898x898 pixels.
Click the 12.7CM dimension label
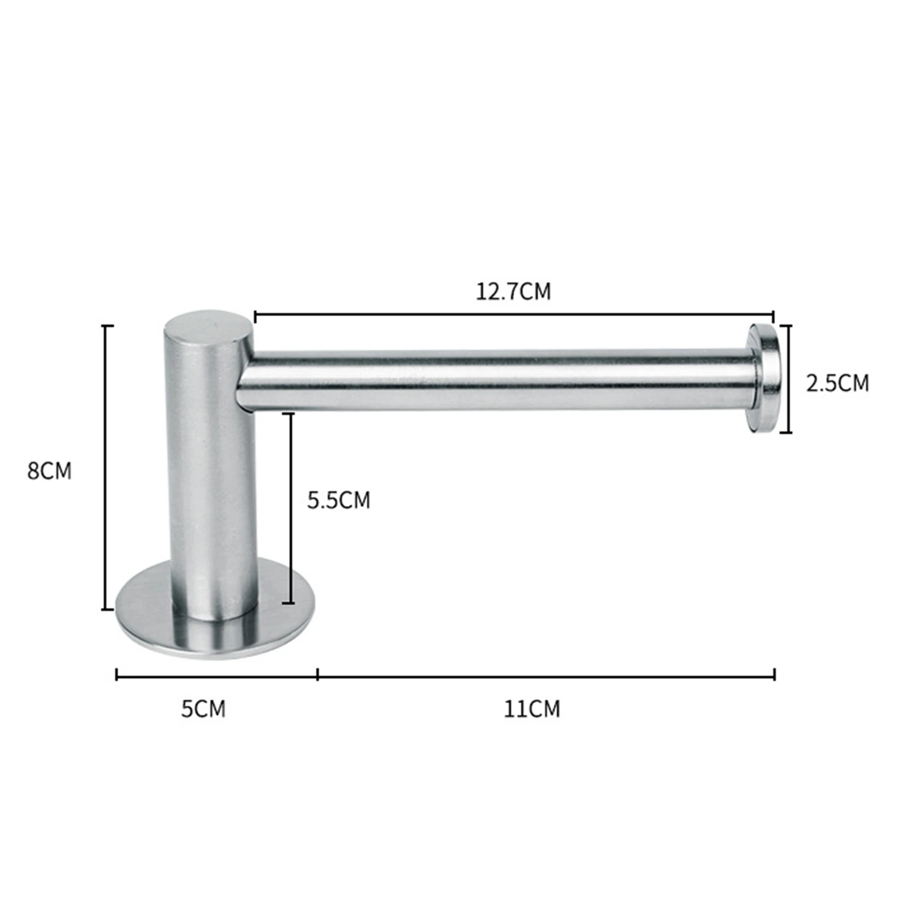click(x=513, y=292)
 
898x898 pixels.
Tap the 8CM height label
click(x=49, y=471)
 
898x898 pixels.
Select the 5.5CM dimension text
click(x=339, y=500)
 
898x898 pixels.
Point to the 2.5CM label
click(x=837, y=383)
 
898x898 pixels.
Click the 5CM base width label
click(x=203, y=709)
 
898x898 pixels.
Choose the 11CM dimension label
click(x=532, y=709)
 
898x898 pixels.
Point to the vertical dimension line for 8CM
click(x=105, y=467)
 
